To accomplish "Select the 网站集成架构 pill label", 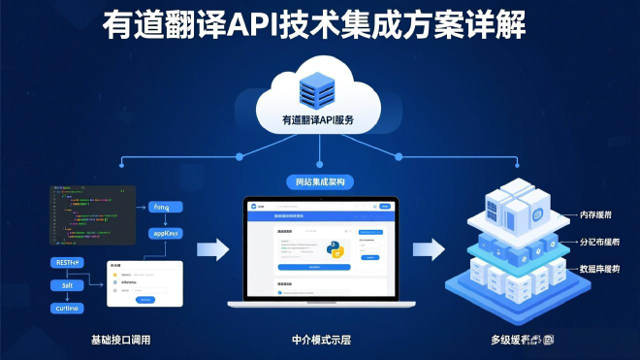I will (x=318, y=181).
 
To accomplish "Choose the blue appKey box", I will (x=167, y=234).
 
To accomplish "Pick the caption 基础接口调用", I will (x=120, y=341).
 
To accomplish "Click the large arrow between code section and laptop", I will (x=212, y=250).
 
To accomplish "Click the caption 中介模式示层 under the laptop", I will (x=321, y=341).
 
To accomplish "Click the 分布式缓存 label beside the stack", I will (x=599, y=242).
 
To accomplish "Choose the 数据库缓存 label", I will (x=599, y=269).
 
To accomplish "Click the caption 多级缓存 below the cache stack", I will (x=522, y=341).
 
